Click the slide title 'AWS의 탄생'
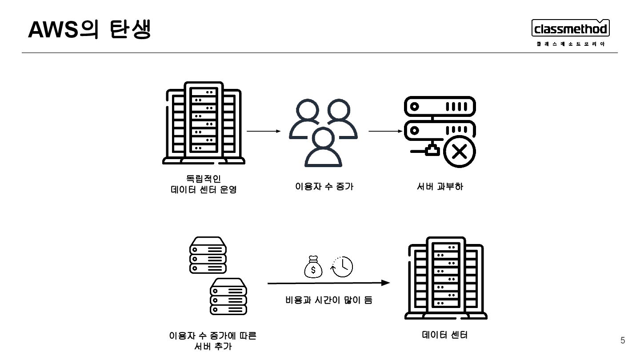pyautogui.click(x=89, y=30)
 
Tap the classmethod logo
pyautogui.click(x=571, y=30)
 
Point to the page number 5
pyautogui.click(x=623, y=341)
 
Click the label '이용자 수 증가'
pyautogui.click(x=324, y=187)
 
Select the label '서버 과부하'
pyautogui.click(x=440, y=187)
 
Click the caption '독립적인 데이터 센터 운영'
pyautogui.click(x=204, y=184)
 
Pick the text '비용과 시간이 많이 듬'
pyautogui.click(x=328, y=300)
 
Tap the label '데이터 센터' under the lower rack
pyautogui.click(x=445, y=335)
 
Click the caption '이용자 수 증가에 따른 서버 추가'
pyautogui.click(x=213, y=340)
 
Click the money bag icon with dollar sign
pyautogui.click(x=313, y=267)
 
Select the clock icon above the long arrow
pyautogui.click(x=342, y=267)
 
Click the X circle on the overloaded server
pyautogui.click(x=459, y=152)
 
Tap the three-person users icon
pyautogui.click(x=323, y=132)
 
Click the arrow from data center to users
pyautogui.click(x=264, y=132)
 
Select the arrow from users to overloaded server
pyautogui.click(x=385, y=132)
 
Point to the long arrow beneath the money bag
pyautogui.click(x=328, y=283)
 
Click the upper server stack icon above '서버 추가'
pyautogui.click(x=208, y=255)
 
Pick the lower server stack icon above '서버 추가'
pyautogui.click(x=228, y=296)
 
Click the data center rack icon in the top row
pyautogui.click(x=204, y=123)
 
